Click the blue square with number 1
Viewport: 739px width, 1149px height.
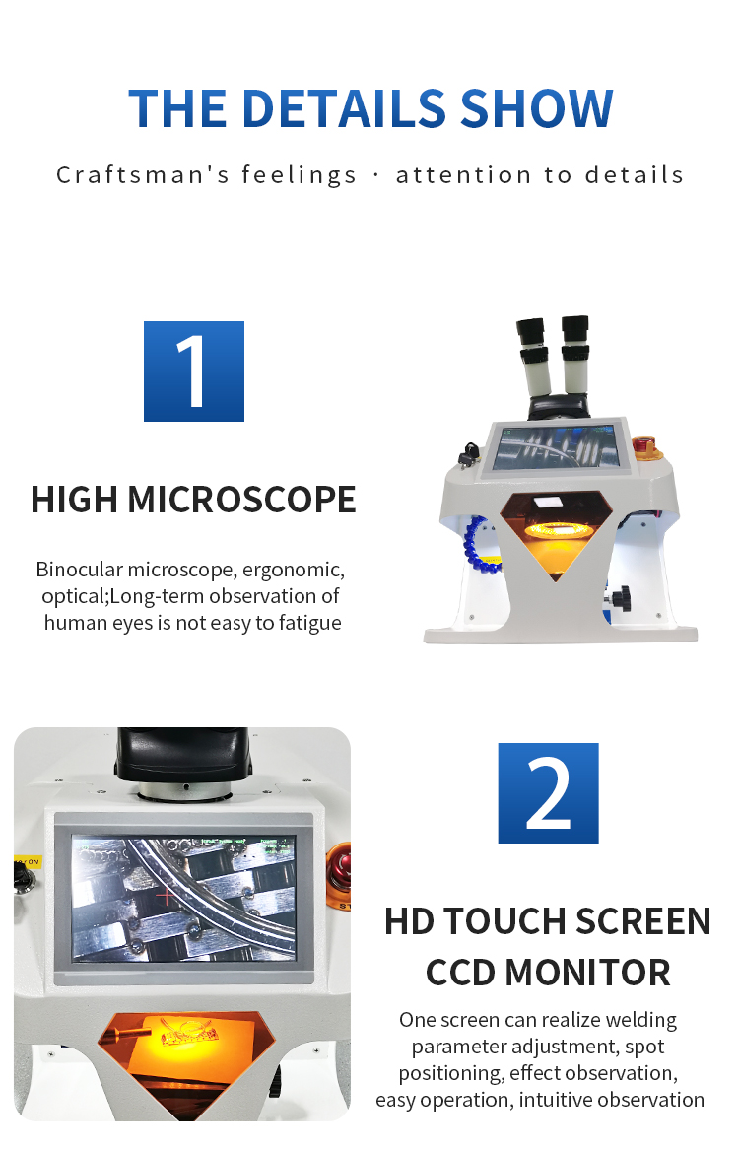click(193, 372)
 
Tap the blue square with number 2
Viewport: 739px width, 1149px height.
click(548, 793)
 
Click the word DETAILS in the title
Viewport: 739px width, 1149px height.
click(344, 109)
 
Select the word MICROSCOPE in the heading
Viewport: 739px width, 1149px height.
click(241, 500)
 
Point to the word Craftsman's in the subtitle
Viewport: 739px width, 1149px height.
click(143, 175)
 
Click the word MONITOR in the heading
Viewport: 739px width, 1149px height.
click(587, 974)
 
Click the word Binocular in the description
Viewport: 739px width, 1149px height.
click(79, 570)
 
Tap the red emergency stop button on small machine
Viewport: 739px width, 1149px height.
click(643, 444)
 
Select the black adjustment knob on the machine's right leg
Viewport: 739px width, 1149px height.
click(621, 597)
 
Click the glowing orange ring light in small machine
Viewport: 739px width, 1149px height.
click(555, 529)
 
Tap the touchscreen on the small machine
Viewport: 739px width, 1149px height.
click(555, 447)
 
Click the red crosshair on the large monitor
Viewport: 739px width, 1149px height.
click(167, 895)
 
